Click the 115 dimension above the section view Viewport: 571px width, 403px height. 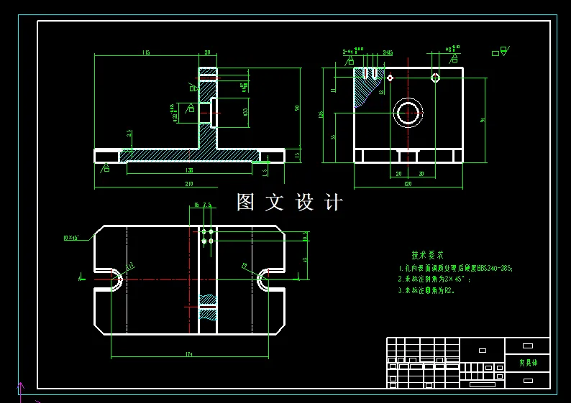click(x=146, y=52)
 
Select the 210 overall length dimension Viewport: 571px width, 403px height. click(x=190, y=185)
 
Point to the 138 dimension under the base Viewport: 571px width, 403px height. click(x=189, y=170)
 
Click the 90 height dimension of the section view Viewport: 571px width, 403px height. click(x=298, y=108)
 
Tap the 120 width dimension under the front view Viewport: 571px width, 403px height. click(x=408, y=185)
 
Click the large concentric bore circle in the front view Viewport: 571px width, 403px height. click(x=408, y=113)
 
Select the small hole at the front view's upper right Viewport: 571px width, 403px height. click(x=435, y=78)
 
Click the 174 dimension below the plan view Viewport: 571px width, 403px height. click(x=189, y=354)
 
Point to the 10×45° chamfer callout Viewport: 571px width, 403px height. click(x=71, y=237)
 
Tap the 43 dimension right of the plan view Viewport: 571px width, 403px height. click(x=305, y=259)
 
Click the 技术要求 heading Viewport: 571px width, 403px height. click(x=427, y=255)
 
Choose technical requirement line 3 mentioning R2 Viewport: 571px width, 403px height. click(x=426, y=291)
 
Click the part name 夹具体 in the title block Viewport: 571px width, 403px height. click(x=527, y=363)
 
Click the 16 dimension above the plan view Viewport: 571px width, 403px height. click(x=194, y=205)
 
